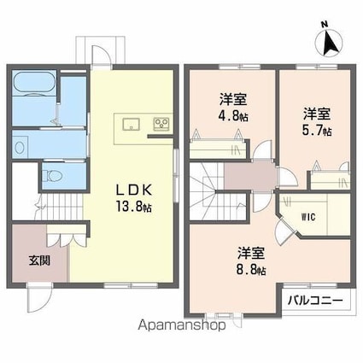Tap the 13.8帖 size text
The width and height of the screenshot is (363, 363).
133,206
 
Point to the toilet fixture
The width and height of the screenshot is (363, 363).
53,176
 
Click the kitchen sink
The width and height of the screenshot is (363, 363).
131,123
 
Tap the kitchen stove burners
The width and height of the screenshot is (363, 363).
161,124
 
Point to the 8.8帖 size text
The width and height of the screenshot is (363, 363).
252,271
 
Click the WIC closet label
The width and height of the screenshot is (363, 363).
308,217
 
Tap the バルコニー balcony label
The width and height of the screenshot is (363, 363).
314,301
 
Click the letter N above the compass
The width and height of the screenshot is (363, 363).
322,24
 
